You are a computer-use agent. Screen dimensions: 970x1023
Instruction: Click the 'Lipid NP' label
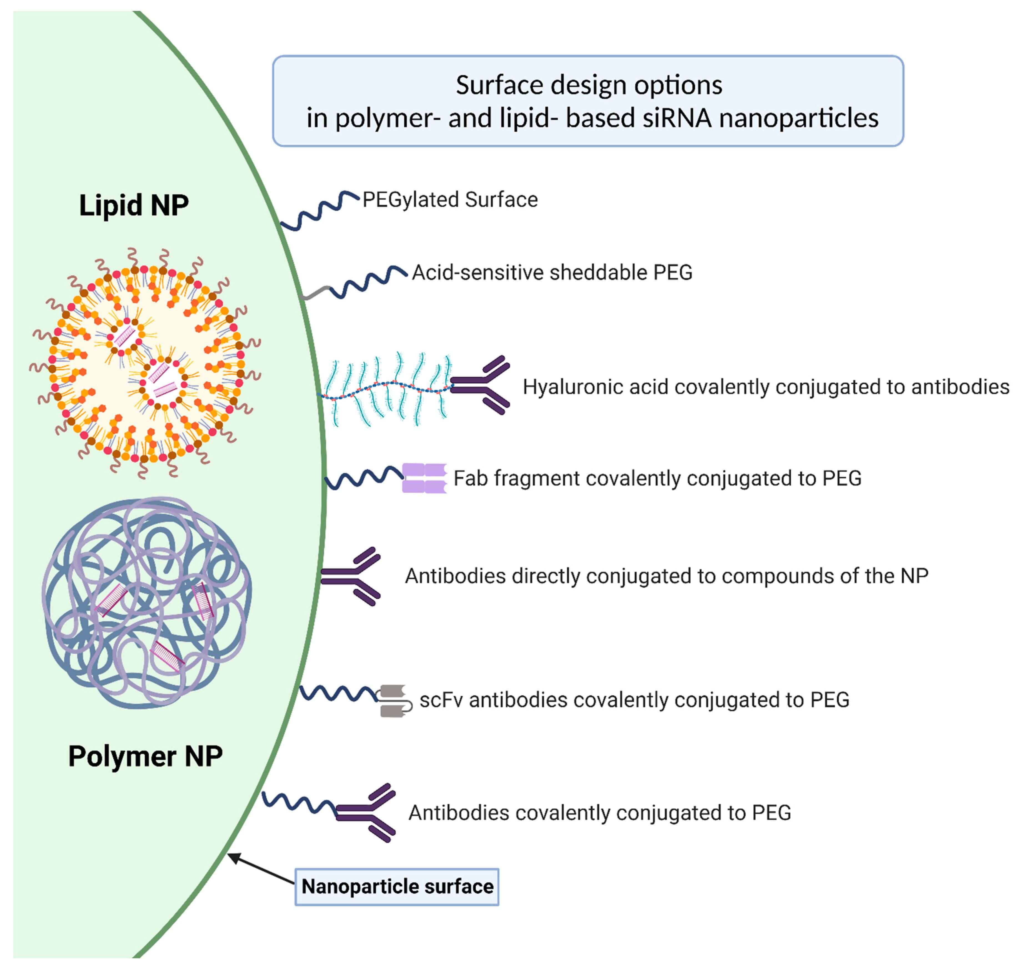coord(134,205)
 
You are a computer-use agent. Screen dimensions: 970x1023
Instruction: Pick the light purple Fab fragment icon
coord(424,478)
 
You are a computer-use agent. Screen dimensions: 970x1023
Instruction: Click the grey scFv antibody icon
coord(394,701)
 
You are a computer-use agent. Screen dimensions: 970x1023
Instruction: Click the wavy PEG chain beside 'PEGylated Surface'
coord(319,210)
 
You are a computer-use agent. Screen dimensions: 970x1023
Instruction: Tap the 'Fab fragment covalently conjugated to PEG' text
coord(657,478)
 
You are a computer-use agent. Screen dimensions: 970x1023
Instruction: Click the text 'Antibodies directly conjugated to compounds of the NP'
coord(666,576)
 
